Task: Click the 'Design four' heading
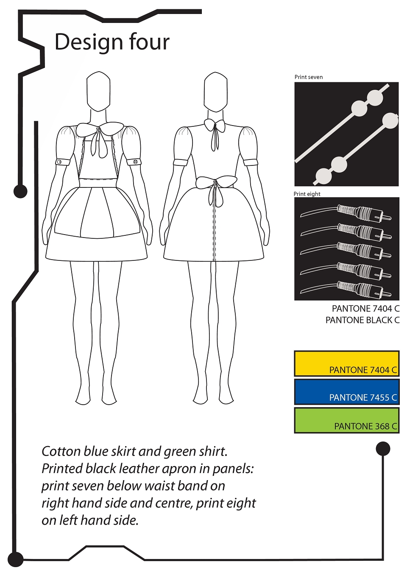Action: (x=112, y=42)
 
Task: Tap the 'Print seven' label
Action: (x=308, y=77)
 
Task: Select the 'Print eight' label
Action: (x=307, y=194)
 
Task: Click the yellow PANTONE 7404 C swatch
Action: (x=347, y=363)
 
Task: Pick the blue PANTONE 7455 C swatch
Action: (x=347, y=391)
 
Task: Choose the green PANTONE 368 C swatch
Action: (x=347, y=420)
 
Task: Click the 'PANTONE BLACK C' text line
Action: (x=362, y=320)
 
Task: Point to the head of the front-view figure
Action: (x=98, y=92)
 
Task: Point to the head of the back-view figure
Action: (x=215, y=92)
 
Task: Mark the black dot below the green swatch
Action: (x=383, y=449)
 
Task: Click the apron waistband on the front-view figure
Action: (x=98, y=183)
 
